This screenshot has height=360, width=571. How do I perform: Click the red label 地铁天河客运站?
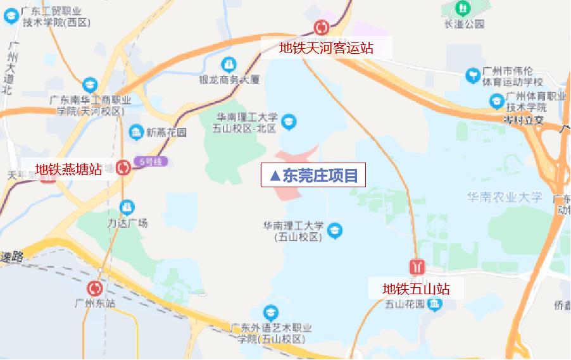pyautogui.click(x=327, y=47)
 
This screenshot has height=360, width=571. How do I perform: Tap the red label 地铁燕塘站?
pyautogui.click(x=68, y=169)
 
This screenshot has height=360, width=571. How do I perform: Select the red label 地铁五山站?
pyautogui.click(x=416, y=289)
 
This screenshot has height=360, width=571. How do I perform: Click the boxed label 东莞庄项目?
pyautogui.click(x=313, y=175)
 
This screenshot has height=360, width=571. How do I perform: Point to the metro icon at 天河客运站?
pyautogui.click(x=322, y=27)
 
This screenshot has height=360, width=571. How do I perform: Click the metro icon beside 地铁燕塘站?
pyautogui.click(x=123, y=166)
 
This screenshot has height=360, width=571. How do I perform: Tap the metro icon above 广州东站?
pyautogui.click(x=96, y=289)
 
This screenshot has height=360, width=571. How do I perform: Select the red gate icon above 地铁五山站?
pyautogui.click(x=417, y=265)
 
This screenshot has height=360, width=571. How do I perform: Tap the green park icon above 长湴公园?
pyautogui.click(x=463, y=9)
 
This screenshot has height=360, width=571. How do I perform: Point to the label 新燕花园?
pyautogui.click(x=166, y=133)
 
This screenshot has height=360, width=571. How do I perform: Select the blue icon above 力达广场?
pyautogui.click(x=127, y=207)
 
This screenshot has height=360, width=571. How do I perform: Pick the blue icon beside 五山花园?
pyautogui.click(x=435, y=305)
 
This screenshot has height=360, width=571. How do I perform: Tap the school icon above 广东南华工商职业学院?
pyautogui.click(x=90, y=85)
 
